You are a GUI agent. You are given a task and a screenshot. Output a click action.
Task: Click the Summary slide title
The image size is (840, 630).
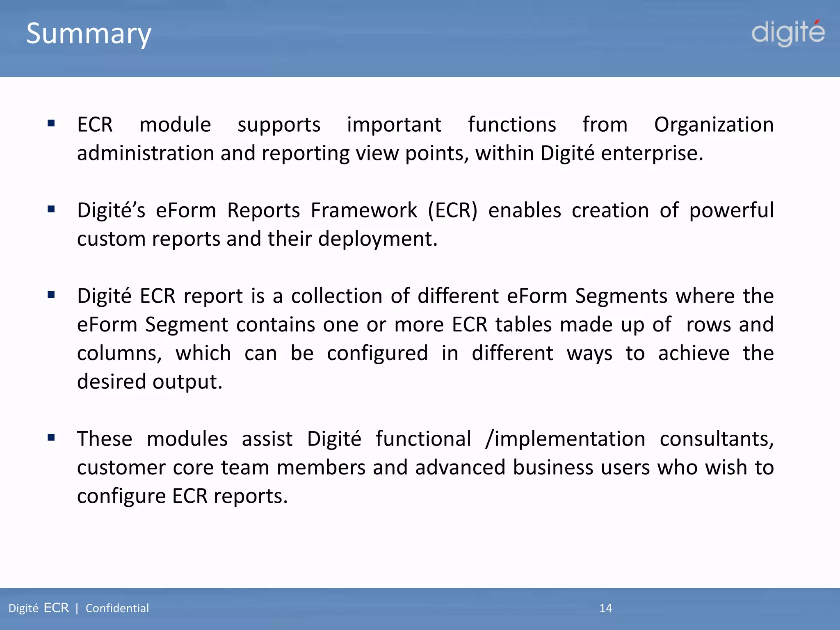point(89,34)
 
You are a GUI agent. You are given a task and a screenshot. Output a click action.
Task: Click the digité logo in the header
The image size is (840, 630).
point(788,33)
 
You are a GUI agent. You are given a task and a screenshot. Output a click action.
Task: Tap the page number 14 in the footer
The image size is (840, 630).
point(605,608)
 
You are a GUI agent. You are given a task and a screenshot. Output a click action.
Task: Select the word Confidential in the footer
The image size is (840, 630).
point(117,608)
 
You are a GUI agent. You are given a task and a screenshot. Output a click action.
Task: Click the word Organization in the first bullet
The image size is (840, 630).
point(714,125)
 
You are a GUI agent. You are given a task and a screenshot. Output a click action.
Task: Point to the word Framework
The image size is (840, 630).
point(364,210)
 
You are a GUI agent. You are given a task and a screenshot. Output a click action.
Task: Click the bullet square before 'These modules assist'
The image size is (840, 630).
point(51,437)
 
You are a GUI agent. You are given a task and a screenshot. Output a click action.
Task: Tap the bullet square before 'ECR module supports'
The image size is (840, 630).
point(51,123)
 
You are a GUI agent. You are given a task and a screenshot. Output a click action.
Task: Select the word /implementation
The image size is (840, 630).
point(565,439)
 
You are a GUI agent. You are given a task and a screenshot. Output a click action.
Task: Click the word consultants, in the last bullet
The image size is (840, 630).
point(717,439)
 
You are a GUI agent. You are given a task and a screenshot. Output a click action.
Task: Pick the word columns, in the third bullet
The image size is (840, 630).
point(119,354)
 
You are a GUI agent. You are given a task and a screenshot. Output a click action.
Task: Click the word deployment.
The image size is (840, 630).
point(378,239)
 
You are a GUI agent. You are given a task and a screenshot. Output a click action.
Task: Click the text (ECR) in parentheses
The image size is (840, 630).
point(453,211)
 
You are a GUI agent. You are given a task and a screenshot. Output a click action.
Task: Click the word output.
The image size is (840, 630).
point(187,382)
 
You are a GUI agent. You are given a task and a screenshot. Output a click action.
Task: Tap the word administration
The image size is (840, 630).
point(146,153)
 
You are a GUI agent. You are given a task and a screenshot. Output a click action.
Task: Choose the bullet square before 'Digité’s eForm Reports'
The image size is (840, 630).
point(51,209)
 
